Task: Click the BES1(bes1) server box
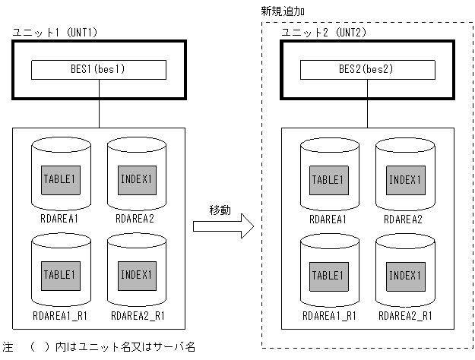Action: tap(99, 70)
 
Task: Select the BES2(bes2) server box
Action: tap(368, 70)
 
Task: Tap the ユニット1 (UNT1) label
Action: tap(55, 33)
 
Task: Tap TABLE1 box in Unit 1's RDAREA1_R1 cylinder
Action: tap(61, 274)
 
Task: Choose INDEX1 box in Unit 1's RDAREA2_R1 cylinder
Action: tap(136, 274)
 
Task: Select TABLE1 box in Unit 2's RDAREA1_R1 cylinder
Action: tap(329, 274)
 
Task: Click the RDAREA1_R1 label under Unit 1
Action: tap(61, 314)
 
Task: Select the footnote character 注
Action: tap(8, 347)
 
